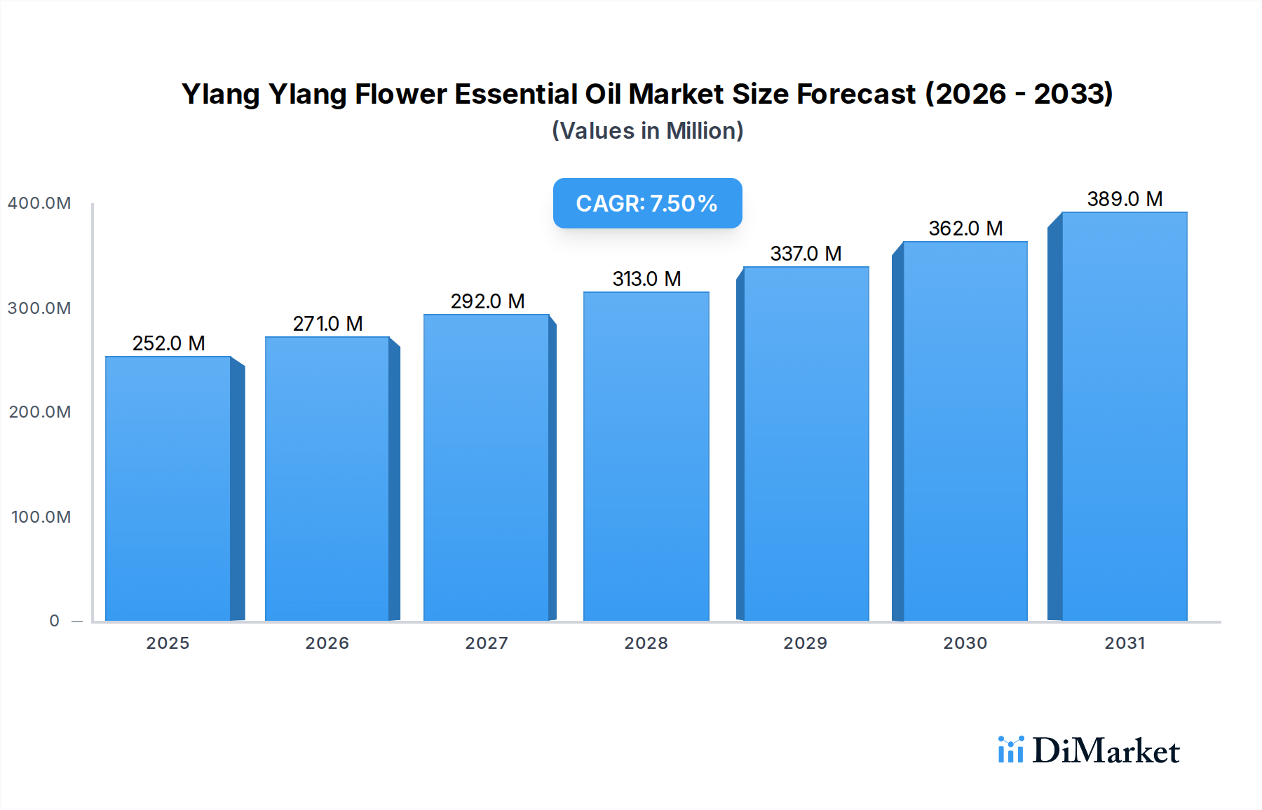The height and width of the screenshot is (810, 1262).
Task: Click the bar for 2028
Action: (646, 456)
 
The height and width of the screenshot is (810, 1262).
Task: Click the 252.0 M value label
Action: (168, 343)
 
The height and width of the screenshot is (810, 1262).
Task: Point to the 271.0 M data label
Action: (327, 324)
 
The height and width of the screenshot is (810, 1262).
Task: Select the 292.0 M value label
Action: (487, 301)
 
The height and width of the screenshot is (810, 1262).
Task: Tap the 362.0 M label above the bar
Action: (965, 228)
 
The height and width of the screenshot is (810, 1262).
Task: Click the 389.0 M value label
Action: (1125, 199)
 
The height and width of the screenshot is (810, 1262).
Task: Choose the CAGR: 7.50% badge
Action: (647, 203)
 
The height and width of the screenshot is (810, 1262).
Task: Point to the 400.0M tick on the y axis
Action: (39, 203)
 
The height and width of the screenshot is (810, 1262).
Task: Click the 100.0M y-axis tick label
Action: (41, 517)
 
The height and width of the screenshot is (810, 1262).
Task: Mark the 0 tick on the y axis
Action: (54, 621)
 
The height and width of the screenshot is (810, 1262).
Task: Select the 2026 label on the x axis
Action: (327, 643)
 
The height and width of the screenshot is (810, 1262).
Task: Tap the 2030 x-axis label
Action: (965, 643)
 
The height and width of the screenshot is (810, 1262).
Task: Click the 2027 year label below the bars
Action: (487, 643)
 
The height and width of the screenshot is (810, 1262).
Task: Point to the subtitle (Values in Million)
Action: (647, 131)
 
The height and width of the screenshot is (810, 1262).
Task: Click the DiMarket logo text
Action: (1106, 751)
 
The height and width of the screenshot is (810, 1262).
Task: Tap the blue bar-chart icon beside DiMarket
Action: (1010, 750)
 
